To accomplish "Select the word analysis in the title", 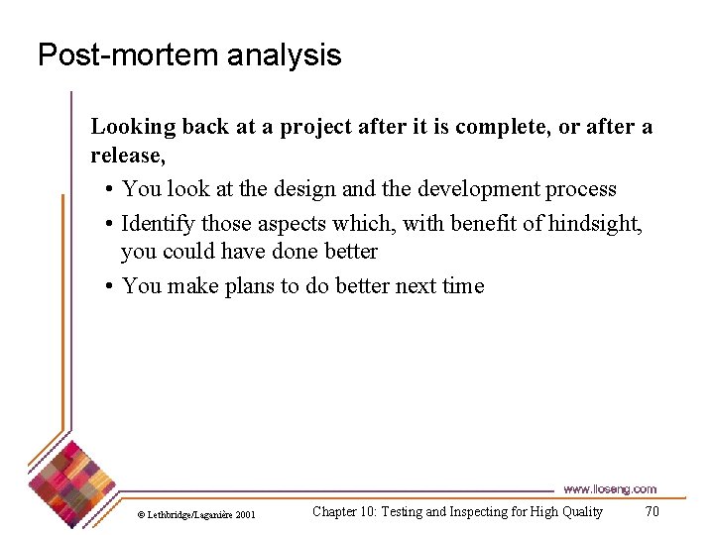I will [x=284, y=54].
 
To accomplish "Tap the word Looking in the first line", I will [x=132, y=127].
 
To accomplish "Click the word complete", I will [x=488, y=127].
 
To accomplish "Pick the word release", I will [x=126, y=156].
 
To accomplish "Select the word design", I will [x=301, y=189].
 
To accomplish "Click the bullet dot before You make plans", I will [x=108, y=287].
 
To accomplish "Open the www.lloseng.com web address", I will [x=609, y=489].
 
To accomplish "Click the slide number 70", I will [x=652, y=512].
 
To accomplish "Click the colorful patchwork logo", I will [x=68, y=481].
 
